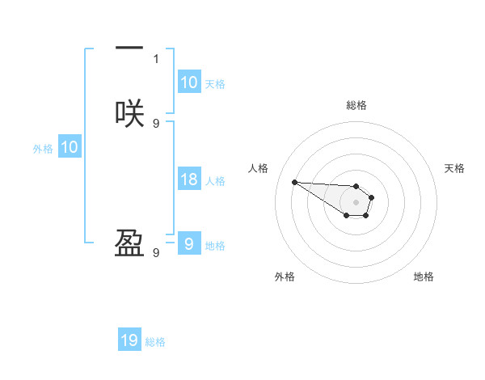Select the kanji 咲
click(x=129, y=113)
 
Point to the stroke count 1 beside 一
click(x=156, y=58)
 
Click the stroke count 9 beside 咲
click(x=156, y=123)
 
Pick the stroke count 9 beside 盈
click(x=156, y=253)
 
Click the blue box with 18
click(x=188, y=179)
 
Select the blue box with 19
click(x=129, y=340)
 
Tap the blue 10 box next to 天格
click(x=188, y=82)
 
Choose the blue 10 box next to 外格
click(x=70, y=147)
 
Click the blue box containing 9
click(x=188, y=244)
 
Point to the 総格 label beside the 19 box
click(x=155, y=342)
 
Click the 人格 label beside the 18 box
click(x=215, y=181)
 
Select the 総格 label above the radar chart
click(x=356, y=105)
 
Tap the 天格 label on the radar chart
click(x=454, y=168)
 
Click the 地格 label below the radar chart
click(x=424, y=277)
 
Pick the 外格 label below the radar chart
click(x=285, y=277)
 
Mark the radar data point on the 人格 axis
click(x=294, y=182)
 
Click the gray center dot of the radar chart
click(x=356, y=202)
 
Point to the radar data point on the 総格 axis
click(x=356, y=186)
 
